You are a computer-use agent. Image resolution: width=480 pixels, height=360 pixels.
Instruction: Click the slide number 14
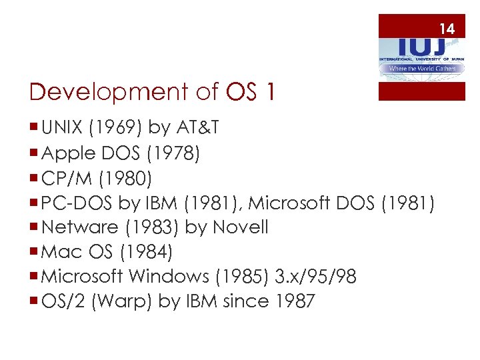pos(447,29)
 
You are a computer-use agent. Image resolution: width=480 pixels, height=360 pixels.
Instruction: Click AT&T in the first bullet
pos(198,128)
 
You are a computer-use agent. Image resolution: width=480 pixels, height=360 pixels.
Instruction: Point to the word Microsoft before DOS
pos(289,202)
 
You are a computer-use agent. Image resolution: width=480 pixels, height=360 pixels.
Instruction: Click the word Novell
pos(240,227)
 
